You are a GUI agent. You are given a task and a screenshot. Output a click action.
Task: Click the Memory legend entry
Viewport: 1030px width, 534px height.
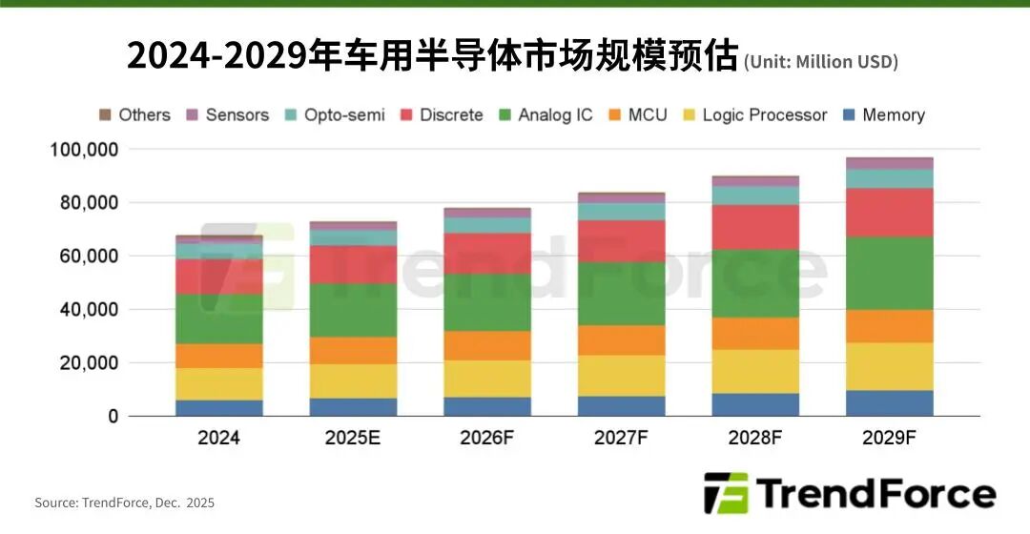tap(884, 115)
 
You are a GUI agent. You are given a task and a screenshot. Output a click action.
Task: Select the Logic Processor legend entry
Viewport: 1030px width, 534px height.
tap(754, 115)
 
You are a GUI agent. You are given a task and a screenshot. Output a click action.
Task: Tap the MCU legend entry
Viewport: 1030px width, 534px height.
tap(636, 115)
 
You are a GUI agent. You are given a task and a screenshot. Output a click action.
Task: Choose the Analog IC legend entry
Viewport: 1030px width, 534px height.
tap(546, 115)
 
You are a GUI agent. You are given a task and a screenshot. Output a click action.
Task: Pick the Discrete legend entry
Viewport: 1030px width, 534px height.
tap(442, 115)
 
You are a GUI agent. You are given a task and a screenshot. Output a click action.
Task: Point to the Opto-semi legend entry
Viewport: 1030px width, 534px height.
tap(335, 115)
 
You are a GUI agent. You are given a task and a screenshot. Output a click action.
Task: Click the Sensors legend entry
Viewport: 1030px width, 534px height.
tap(227, 115)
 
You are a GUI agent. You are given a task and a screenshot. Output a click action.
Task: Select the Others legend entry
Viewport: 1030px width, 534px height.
tap(134, 115)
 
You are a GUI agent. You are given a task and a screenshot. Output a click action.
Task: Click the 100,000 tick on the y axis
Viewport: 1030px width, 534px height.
tap(84, 150)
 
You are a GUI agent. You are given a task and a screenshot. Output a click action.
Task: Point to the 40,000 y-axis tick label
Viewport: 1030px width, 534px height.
tap(89, 310)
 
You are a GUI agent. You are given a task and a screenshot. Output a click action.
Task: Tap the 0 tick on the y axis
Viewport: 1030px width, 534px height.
tap(113, 417)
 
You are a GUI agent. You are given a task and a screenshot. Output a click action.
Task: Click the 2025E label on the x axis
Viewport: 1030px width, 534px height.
tap(353, 439)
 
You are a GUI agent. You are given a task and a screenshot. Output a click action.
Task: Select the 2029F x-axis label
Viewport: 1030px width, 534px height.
tap(889, 439)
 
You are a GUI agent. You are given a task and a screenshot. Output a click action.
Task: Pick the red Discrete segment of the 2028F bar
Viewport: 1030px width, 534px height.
tap(754, 227)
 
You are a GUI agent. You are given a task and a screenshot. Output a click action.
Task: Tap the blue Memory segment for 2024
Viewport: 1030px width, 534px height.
tap(219, 408)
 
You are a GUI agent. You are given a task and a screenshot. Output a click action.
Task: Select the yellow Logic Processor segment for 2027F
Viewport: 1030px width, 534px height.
tap(621, 376)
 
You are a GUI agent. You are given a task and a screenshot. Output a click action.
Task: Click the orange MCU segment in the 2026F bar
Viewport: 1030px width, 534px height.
tap(487, 345)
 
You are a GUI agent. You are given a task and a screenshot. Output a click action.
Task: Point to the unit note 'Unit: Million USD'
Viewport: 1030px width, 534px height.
tap(821, 62)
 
